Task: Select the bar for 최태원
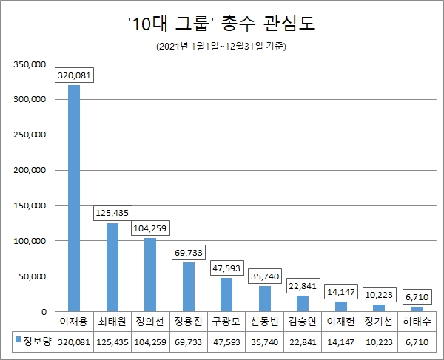tap(112, 267)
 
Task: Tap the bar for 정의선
tap(150, 274)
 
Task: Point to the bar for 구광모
tap(226, 294)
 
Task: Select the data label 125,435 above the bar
tap(112, 213)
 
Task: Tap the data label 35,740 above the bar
tap(265, 276)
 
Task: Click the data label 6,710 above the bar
tap(417, 296)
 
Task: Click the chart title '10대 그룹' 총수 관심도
tap(221, 24)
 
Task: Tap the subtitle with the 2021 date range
tap(221, 47)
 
